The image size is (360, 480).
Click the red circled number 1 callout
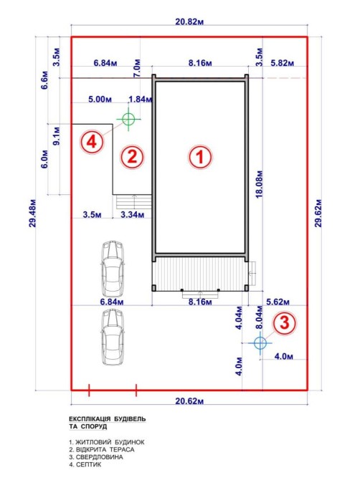tap(200, 157)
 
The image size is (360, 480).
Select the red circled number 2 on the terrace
tap(132, 157)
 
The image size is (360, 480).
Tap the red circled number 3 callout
tap(285, 323)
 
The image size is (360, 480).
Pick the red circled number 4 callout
tap(93, 142)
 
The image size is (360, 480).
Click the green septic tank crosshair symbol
tap(128, 119)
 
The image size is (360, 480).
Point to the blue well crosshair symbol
tap(260, 343)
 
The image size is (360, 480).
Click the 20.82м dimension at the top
tap(189, 21)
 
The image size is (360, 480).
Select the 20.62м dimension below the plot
tap(189, 400)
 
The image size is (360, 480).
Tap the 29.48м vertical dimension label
tap(33, 213)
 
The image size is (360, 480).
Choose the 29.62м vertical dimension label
tap(318, 213)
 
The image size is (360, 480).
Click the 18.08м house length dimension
tap(259, 183)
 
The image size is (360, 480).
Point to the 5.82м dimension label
tap(282, 63)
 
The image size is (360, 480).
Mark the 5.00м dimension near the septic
tap(100, 99)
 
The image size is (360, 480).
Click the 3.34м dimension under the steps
tap(133, 215)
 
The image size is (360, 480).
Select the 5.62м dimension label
tap(278, 302)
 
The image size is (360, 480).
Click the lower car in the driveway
tap(113, 337)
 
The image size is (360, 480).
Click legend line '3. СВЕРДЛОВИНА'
tap(96, 457)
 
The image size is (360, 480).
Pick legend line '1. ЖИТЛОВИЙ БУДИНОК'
tap(107, 442)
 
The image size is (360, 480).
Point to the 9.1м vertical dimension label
tap(57, 135)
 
